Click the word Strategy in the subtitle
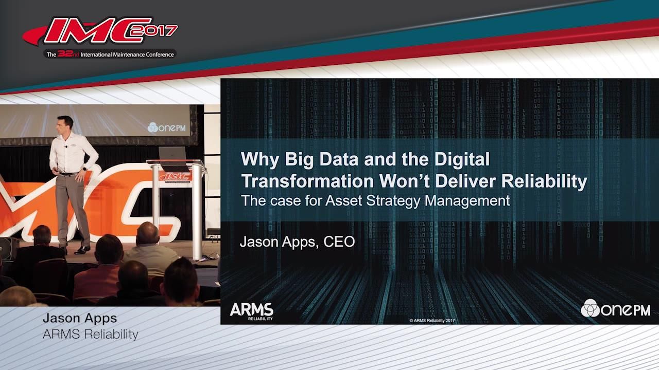(x=390, y=200)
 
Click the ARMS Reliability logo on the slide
(x=251, y=310)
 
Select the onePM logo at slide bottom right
(x=615, y=308)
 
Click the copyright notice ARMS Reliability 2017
(x=432, y=321)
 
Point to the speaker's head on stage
(x=65, y=123)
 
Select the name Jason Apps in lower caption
(x=80, y=319)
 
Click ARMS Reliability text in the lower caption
(x=91, y=335)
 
